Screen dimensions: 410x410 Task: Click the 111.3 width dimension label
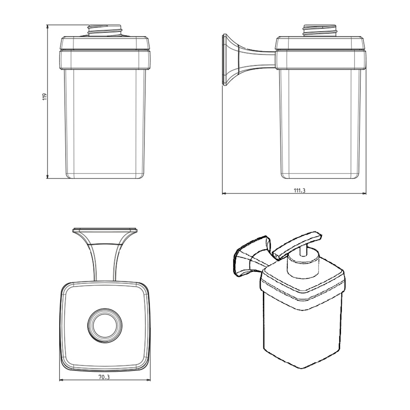click(300, 191)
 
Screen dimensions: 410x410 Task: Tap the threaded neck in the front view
click(105, 31)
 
